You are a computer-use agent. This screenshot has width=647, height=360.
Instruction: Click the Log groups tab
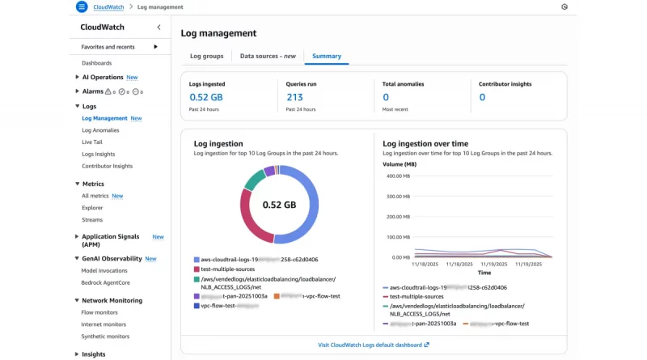click(x=206, y=57)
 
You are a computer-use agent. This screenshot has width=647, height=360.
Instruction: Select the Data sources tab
click(x=268, y=57)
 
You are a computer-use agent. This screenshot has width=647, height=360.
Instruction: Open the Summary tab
click(x=327, y=57)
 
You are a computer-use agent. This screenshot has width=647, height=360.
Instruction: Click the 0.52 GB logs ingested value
click(x=205, y=97)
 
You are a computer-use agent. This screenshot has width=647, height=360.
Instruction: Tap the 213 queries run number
click(x=294, y=97)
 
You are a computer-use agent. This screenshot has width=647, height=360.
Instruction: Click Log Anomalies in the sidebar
click(x=100, y=130)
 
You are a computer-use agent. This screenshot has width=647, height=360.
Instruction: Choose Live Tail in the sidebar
click(x=92, y=142)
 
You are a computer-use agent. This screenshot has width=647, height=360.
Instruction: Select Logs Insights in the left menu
click(x=98, y=154)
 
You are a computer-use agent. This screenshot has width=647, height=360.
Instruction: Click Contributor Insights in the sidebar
click(x=107, y=166)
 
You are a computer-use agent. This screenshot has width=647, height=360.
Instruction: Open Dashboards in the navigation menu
click(x=96, y=63)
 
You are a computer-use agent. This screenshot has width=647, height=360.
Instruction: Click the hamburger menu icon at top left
click(x=81, y=6)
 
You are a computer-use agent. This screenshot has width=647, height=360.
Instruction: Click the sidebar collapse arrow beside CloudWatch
click(x=159, y=28)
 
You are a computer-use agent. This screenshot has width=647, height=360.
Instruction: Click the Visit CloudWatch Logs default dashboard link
click(x=374, y=345)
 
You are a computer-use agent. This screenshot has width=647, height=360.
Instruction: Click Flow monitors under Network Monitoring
click(x=99, y=312)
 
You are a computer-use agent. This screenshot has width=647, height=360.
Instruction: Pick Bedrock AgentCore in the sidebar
click(x=106, y=282)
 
